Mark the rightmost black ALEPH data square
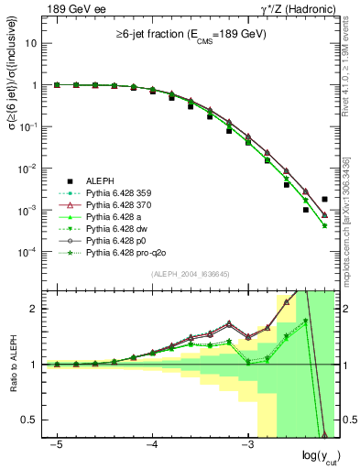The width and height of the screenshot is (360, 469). (x=324, y=199)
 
